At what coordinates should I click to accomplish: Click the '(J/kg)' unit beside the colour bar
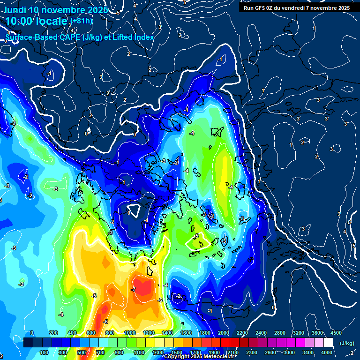(x=347, y=344)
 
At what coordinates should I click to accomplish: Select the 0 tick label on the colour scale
(x=32, y=333)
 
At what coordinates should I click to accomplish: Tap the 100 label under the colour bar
(x=45, y=352)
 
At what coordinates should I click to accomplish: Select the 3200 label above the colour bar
(x=299, y=333)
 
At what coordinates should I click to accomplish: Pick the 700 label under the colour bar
(x=100, y=352)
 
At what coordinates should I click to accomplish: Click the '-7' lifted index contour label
(x=134, y=289)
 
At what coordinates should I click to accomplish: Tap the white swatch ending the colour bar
(x=328, y=343)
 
